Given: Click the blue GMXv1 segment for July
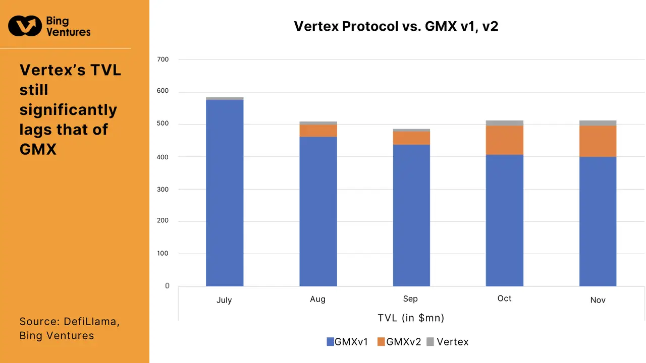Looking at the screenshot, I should (225, 193).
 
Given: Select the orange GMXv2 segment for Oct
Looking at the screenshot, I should (505, 140).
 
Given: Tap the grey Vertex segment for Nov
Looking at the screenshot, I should (598, 123).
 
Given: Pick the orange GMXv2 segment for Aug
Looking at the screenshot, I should (318, 131).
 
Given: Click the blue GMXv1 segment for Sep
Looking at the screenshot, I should (411, 215).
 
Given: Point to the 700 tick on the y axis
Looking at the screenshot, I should (163, 59).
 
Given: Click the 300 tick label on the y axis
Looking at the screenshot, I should (163, 189).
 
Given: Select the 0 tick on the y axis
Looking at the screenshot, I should (167, 286).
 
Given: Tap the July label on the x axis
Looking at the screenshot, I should (224, 300).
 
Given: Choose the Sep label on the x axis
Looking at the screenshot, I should (410, 299).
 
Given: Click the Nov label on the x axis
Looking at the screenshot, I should (598, 300).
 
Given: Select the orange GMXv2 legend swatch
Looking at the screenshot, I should (381, 342).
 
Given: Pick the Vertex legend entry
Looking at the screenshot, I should (452, 342).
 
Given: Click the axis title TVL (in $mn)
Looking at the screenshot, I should (411, 318).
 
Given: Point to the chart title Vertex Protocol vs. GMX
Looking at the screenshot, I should (396, 26).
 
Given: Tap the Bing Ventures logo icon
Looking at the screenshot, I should (25, 26).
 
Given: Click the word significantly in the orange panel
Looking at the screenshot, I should (68, 109).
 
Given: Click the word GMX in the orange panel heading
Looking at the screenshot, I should (38, 149).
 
